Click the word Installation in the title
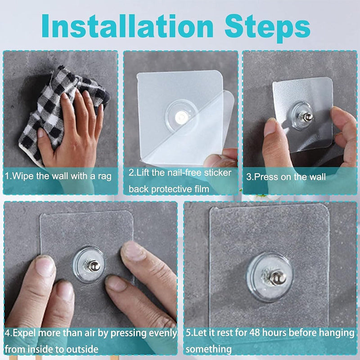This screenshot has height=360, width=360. tap(127, 26)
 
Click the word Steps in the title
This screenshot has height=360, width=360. tap(267, 28)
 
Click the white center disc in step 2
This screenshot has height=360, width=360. tap(182, 117)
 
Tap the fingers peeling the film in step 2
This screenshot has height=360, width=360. tap(221, 158)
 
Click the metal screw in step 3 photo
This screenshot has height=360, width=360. tap(306, 117)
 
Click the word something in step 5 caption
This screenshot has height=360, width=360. tap(209, 350)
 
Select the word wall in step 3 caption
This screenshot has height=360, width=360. tap(317, 177)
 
